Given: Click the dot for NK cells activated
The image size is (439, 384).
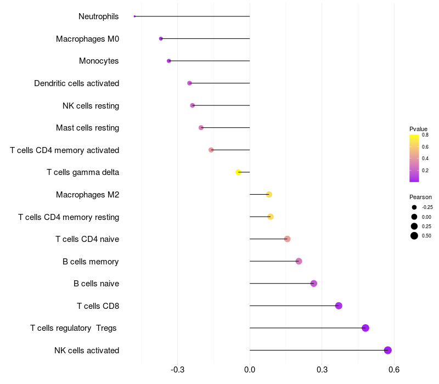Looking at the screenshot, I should coord(387,350).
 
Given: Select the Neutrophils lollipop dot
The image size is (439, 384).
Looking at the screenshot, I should coord(134,16).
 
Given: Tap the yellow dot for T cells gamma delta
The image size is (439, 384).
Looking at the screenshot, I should coord(238,172).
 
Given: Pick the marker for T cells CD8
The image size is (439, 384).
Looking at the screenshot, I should coord(339,306).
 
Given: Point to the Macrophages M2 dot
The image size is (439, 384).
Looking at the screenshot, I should coord(269,194).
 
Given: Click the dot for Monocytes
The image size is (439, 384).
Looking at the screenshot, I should coord(168,61).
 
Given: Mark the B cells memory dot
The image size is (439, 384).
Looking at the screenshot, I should coord(299,261).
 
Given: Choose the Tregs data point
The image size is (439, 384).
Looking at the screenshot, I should coord(365,328).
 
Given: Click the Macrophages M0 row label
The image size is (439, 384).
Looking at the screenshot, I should coord(87,39).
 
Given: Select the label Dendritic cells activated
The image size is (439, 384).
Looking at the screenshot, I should coord(76,83).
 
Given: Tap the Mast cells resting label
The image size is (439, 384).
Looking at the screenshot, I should coord(87,128).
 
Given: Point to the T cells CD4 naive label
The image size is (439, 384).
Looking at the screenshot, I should coord(87,239).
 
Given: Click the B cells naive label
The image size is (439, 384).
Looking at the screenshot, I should coord(96,284).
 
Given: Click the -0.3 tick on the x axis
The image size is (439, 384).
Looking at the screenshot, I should coord(177,370).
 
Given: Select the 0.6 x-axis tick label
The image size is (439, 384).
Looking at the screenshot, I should coord(394,370).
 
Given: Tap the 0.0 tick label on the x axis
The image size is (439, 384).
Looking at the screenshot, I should coord(250,370).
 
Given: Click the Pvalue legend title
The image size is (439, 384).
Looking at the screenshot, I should coord(418,129).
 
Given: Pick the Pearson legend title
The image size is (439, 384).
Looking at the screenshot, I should coord(420,197).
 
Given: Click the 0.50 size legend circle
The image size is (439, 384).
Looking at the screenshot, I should coord(414,236).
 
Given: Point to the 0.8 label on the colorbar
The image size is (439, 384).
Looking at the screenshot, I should coord(425,134).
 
